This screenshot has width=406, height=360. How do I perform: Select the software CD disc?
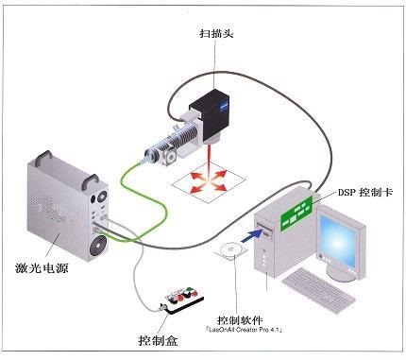228,250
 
